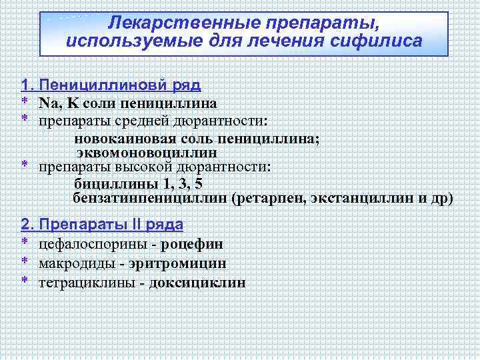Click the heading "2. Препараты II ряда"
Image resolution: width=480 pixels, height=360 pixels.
click(102, 224)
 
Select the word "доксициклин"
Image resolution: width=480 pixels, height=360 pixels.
click(197, 283)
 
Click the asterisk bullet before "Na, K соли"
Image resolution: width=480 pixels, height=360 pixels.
click(24, 103)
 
